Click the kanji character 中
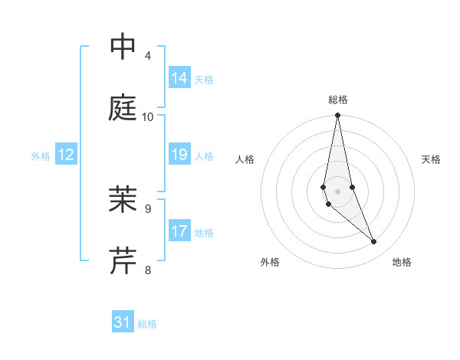(x=123, y=47)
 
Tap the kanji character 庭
(x=123, y=108)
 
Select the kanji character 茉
(x=123, y=200)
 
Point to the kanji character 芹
(x=123, y=260)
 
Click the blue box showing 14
(x=179, y=78)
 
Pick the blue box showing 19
(x=179, y=155)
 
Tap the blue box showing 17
(x=179, y=231)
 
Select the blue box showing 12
(x=66, y=155)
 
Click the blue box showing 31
(x=123, y=322)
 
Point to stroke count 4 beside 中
(x=148, y=56)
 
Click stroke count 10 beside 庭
(x=148, y=117)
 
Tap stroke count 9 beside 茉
(x=148, y=208)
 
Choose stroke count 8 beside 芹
(x=148, y=270)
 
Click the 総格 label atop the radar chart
(x=338, y=100)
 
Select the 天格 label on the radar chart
(x=431, y=159)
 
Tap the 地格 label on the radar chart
(x=402, y=262)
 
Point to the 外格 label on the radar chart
(x=270, y=262)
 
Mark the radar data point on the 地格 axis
(x=374, y=242)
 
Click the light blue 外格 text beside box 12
(x=41, y=155)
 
